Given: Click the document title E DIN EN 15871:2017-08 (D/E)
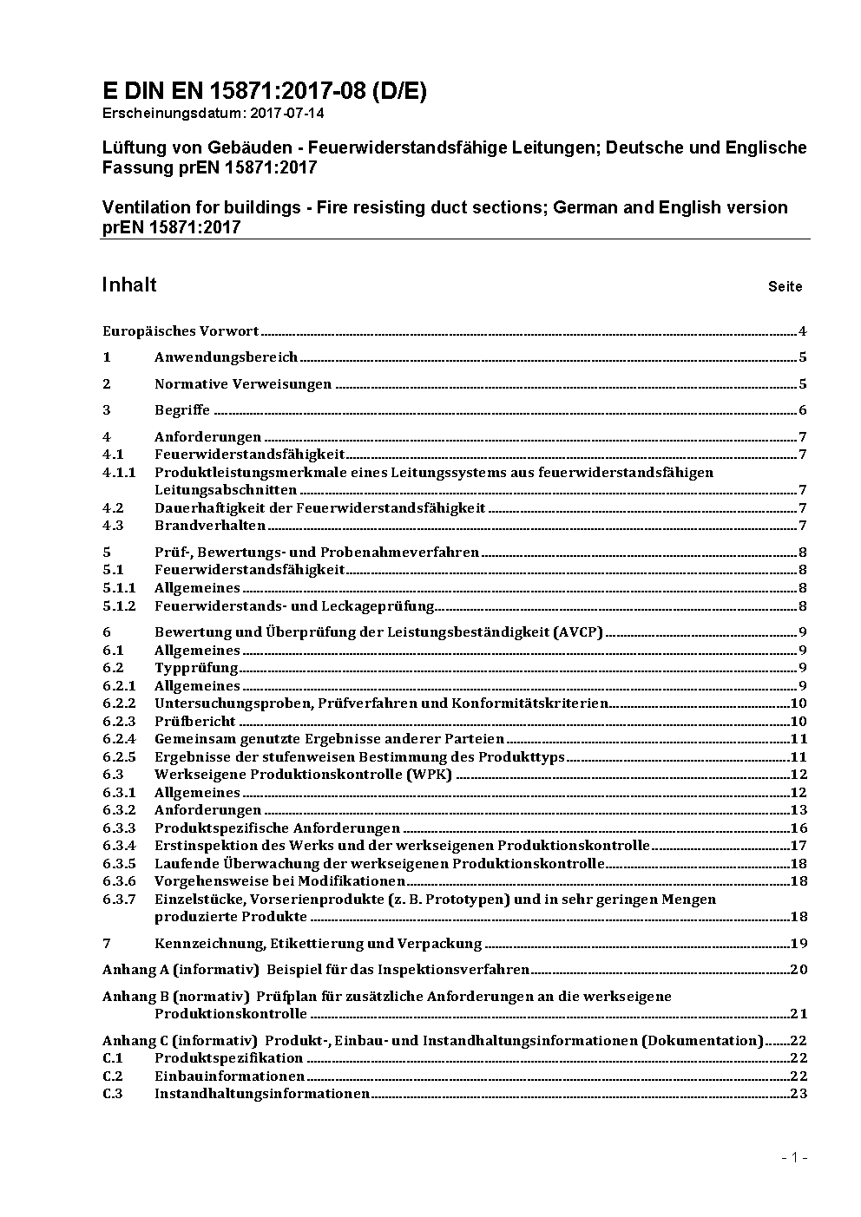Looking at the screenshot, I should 264,91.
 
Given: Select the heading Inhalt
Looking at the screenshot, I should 129,285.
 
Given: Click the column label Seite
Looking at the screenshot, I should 785,286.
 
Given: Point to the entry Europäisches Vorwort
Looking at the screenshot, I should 181,330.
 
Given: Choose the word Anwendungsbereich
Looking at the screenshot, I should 226,357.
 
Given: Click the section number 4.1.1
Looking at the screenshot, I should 119,472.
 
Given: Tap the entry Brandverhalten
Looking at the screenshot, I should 210,525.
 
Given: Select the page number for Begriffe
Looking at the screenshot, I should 803,410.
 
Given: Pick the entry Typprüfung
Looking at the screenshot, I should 196,667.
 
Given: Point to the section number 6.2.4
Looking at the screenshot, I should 119,739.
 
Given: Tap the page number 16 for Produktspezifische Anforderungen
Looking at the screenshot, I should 799,828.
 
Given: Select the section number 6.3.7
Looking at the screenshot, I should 119,899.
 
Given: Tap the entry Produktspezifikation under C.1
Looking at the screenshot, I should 228,1057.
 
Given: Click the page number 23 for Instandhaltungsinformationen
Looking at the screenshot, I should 799,1093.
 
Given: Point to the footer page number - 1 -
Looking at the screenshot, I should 794,1157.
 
